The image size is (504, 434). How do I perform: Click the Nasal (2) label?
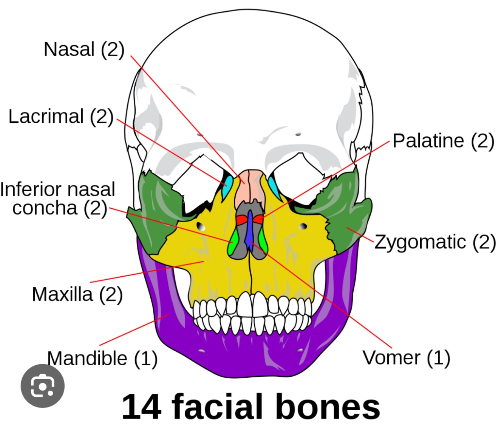[84, 49]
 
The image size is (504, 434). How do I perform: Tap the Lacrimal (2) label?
[61, 116]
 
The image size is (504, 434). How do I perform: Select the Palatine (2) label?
[443, 141]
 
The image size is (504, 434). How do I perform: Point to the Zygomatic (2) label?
[435, 242]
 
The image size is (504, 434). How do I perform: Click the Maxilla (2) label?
[77, 294]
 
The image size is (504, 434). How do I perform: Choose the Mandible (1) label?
[102, 358]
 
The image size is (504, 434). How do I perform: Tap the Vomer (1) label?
[406, 357]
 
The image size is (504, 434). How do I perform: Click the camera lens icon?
[42, 386]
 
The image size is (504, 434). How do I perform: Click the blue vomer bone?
[249, 230]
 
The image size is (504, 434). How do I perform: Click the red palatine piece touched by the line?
[259, 219]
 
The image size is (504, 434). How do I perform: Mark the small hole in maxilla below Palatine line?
[303, 226]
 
